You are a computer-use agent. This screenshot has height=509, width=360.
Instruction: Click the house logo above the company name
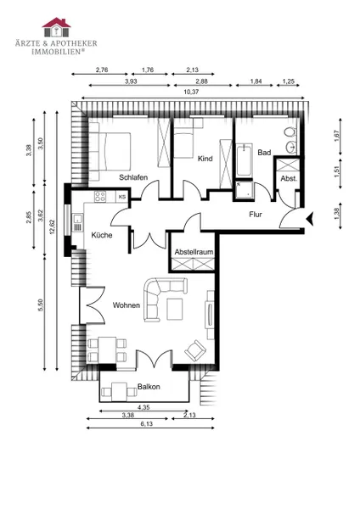pos(56,27)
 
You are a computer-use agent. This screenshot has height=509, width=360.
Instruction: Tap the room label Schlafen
pos(133,177)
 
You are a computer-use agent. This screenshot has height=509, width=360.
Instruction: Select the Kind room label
pos(205,159)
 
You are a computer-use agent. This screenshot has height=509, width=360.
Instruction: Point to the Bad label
pos(264,152)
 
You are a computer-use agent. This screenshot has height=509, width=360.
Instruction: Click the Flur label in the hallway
pos(256,215)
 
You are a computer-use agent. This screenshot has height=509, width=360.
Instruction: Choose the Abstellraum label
pos(194,252)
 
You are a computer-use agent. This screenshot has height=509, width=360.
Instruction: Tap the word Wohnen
pos(126,305)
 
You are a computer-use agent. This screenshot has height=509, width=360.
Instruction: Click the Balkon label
pos(149,387)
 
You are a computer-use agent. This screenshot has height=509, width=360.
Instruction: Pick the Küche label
pos(102,235)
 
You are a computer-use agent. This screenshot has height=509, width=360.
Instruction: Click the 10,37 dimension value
pos(191,92)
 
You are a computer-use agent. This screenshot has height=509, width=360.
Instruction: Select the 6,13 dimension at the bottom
pos(147,423)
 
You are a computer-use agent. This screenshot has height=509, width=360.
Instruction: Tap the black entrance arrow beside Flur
pos(310,219)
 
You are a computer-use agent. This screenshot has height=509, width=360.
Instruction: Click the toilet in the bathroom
pos(290,132)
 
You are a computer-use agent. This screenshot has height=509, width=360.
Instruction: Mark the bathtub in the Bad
pos(245,160)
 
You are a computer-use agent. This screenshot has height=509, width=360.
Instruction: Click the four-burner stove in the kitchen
pos(100,197)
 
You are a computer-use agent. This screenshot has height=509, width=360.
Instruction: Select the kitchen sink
pos(77,222)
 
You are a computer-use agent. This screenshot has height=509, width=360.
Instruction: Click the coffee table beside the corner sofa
pos(175,310)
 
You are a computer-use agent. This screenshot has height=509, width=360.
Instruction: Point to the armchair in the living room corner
pos(195,350)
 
